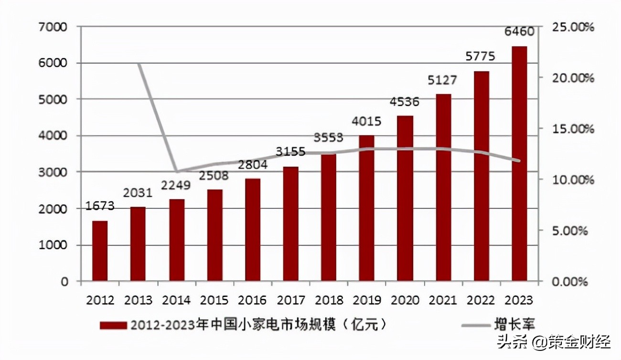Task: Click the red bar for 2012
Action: coord(100,251)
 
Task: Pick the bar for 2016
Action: coord(252,230)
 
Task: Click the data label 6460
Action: coord(519,32)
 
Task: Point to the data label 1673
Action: coord(100,206)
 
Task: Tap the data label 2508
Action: coord(214,175)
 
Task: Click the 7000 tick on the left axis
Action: coord(53,27)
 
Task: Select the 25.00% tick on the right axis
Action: coord(572,27)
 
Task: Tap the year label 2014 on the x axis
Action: coord(176,300)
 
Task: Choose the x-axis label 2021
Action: coord(443,300)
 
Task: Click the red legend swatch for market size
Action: coord(113,326)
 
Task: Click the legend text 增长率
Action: coord(514,325)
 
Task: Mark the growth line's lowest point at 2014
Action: coord(176,171)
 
